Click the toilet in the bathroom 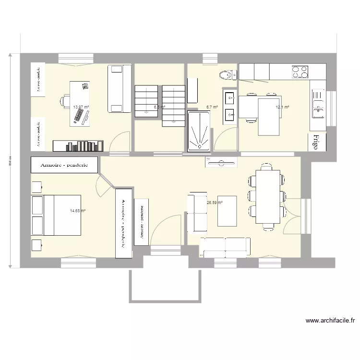click(226, 74)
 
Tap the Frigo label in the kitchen click(315, 143)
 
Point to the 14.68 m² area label click(77, 210)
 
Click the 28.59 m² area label click(215, 203)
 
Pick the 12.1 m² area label click(282, 107)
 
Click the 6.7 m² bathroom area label click(212, 107)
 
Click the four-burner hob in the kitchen click(300, 72)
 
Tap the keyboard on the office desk click(78, 116)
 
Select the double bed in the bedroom click(56, 215)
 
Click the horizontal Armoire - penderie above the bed click(65, 164)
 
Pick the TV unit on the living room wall click(221, 162)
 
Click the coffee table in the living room click(227, 211)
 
